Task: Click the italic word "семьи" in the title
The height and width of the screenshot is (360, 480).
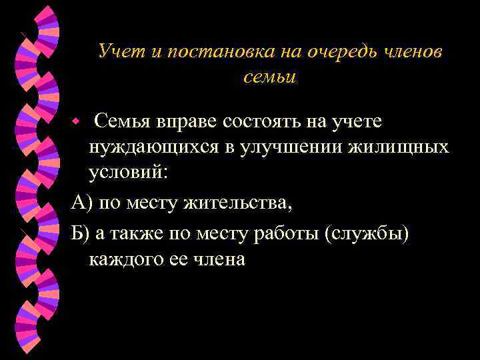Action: pos(269,77)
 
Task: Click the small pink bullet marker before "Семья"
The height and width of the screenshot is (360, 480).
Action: pos(77,123)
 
